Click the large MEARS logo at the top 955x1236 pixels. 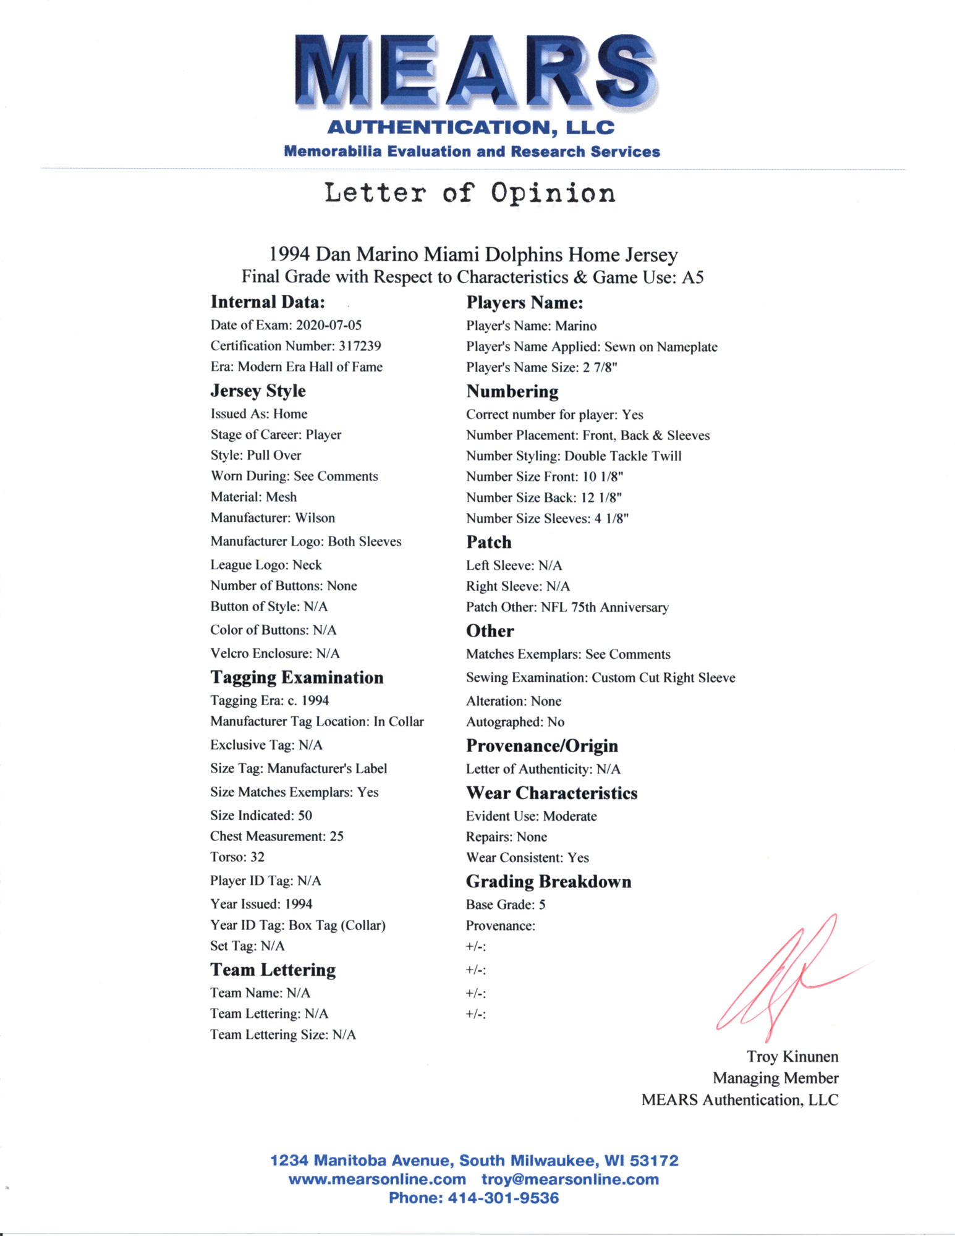pos(475,71)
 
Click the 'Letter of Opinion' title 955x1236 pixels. pos(470,193)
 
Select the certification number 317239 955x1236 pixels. pos(360,346)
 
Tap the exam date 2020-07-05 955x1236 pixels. pos(329,325)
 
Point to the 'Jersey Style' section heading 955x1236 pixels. pos(258,391)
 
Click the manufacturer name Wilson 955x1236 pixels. pos(315,518)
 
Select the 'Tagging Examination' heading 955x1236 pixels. pos(297,677)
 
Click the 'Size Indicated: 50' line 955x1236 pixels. pos(261,816)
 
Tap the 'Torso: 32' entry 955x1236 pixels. pos(237,857)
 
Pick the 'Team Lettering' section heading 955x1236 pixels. pos(273,970)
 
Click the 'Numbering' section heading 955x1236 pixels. pos(512,391)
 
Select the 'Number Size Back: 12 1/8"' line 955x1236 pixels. pos(544,497)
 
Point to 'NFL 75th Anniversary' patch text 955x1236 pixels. pos(605,607)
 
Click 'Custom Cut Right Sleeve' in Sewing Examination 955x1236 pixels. pos(663,678)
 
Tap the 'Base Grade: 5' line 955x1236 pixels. pos(506,905)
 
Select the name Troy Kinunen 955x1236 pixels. pos(792,1057)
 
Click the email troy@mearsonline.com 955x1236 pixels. pos(570,1179)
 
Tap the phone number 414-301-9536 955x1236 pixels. pos(503,1198)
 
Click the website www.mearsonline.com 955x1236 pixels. pos(377,1179)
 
